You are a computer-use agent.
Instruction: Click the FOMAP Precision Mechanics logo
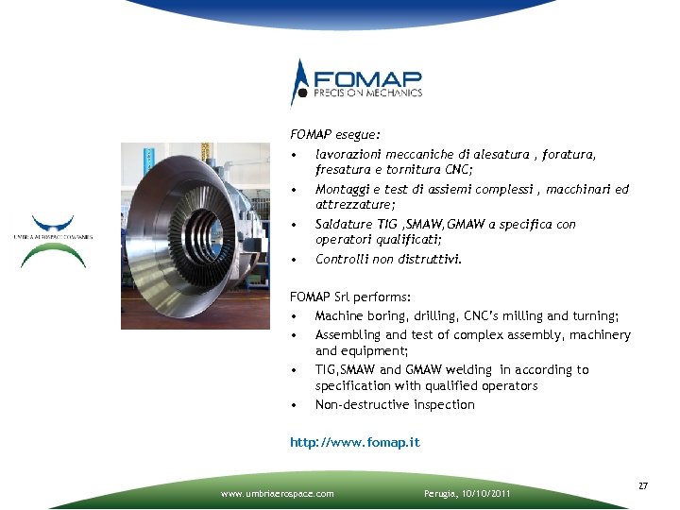pos(356,83)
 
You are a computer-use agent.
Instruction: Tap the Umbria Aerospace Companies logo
pos(53,242)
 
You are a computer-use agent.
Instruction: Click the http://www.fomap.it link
pos(354,442)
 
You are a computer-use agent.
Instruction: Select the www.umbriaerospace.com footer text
pos(277,493)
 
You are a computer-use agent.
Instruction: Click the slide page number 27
pos(643,485)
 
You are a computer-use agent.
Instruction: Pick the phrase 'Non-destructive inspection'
pos(395,405)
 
